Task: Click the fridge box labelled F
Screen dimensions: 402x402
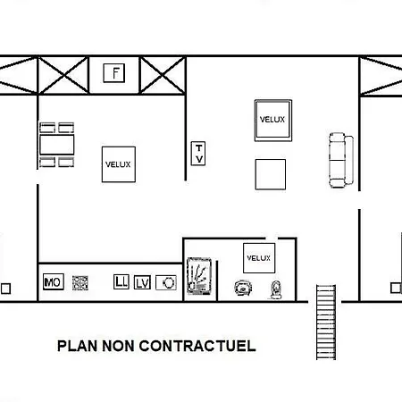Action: click(114, 73)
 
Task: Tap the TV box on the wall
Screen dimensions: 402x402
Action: click(198, 154)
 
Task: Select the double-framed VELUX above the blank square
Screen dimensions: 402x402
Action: click(273, 121)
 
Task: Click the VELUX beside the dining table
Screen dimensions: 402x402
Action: click(119, 164)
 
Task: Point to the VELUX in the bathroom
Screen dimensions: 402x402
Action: click(259, 258)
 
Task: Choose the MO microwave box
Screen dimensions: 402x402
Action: click(54, 281)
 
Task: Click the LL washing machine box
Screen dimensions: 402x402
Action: click(121, 281)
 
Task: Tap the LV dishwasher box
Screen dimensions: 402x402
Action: click(142, 282)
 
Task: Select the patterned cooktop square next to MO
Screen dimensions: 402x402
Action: click(80, 283)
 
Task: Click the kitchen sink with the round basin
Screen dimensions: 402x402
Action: click(166, 282)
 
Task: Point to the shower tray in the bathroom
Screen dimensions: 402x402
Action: click(199, 276)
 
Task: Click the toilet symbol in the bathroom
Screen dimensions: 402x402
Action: click(276, 289)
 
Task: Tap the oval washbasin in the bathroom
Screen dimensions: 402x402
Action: click(243, 288)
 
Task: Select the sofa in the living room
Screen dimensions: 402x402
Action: click(341, 160)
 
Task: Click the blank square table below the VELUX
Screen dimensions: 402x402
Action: click(271, 174)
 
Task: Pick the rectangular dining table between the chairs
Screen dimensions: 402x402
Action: click(57, 145)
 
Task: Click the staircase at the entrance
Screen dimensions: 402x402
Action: click(326, 322)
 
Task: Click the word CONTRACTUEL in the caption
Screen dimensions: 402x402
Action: click(197, 346)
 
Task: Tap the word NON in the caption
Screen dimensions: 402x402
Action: click(118, 346)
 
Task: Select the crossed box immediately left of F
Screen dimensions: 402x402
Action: click(63, 76)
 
